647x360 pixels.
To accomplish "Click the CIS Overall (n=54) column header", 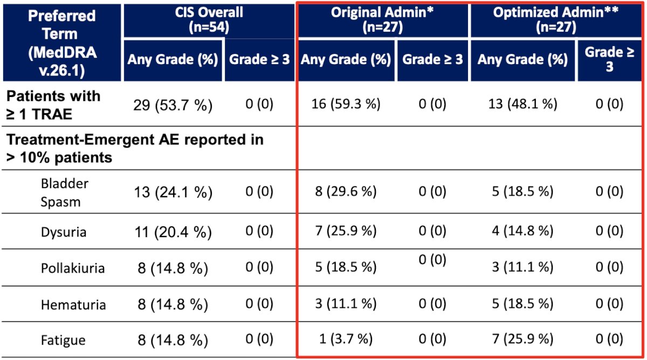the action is [x=209, y=20].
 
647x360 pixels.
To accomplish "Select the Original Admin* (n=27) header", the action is [x=382, y=20].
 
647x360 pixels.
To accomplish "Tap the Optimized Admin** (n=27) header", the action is [x=556, y=20].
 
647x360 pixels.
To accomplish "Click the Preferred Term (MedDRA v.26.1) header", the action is [x=62, y=43].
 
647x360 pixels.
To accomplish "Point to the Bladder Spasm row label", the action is [x=64, y=192].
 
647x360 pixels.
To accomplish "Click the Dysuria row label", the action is [x=64, y=232].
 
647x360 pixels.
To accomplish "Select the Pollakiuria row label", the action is [x=72, y=268].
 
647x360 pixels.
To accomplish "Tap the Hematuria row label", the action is [x=73, y=304].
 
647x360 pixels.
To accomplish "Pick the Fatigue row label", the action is [x=63, y=340].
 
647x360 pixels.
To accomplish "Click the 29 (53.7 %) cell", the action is [x=173, y=105].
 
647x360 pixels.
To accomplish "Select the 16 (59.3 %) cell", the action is [x=346, y=103].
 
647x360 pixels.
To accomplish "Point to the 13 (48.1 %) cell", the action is [x=522, y=103].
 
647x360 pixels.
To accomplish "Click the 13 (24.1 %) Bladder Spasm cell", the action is [x=173, y=192].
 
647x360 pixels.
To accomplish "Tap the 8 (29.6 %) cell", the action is [x=346, y=191].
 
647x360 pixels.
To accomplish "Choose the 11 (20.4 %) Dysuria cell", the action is [x=173, y=232].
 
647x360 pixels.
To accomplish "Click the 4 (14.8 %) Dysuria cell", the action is [x=522, y=231].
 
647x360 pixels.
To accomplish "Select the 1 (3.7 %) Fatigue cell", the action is [x=346, y=338].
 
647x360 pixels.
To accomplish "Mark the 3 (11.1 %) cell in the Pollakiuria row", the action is [x=522, y=267].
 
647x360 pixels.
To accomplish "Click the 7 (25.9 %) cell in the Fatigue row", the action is [x=522, y=338].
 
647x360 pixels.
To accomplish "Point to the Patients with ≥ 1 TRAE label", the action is [x=53, y=105].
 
